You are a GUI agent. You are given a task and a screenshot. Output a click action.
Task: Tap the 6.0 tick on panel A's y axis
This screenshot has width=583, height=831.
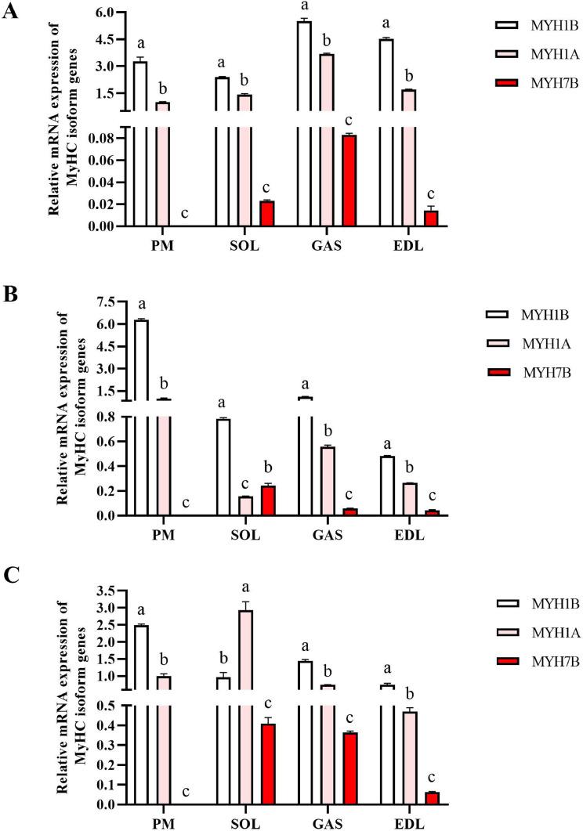coord(105,13)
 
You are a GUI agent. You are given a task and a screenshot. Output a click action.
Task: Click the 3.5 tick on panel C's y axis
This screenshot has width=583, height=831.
coord(105,590)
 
